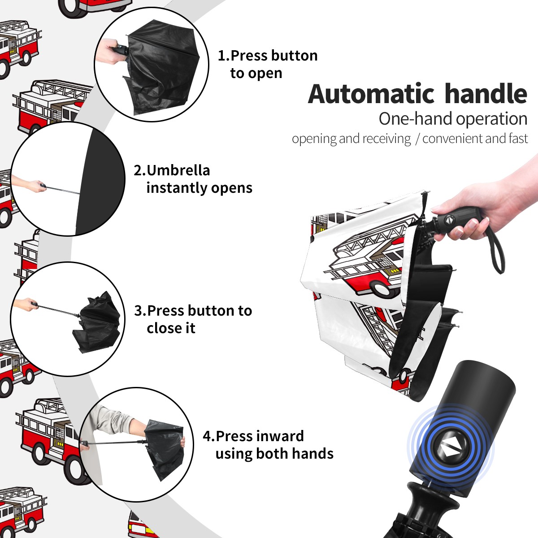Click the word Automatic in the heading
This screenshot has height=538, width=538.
tap(371, 94)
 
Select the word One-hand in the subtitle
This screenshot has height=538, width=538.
tap(416, 119)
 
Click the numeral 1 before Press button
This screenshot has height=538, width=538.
tap(221, 56)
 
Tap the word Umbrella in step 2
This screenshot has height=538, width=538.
tap(178, 170)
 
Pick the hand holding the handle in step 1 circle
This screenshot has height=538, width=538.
tap(110, 52)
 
